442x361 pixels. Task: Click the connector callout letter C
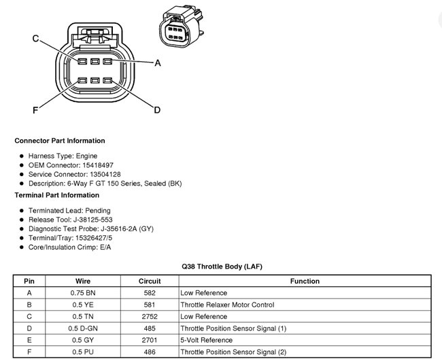(x=36, y=39)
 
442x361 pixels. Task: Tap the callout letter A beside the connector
(x=158, y=63)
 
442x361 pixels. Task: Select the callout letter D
(x=157, y=110)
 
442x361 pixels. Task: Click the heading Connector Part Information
(x=60, y=141)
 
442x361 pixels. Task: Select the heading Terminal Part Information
(x=56, y=195)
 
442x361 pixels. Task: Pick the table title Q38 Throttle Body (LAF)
(x=222, y=267)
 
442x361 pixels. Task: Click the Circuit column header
(x=150, y=281)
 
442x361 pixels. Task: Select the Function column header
(x=304, y=281)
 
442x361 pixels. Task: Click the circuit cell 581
(x=150, y=305)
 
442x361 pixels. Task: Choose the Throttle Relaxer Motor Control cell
(x=226, y=305)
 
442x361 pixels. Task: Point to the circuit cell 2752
(x=150, y=317)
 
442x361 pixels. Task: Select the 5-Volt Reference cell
(x=206, y=340)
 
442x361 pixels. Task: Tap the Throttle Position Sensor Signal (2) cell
(x=233, y=352)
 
